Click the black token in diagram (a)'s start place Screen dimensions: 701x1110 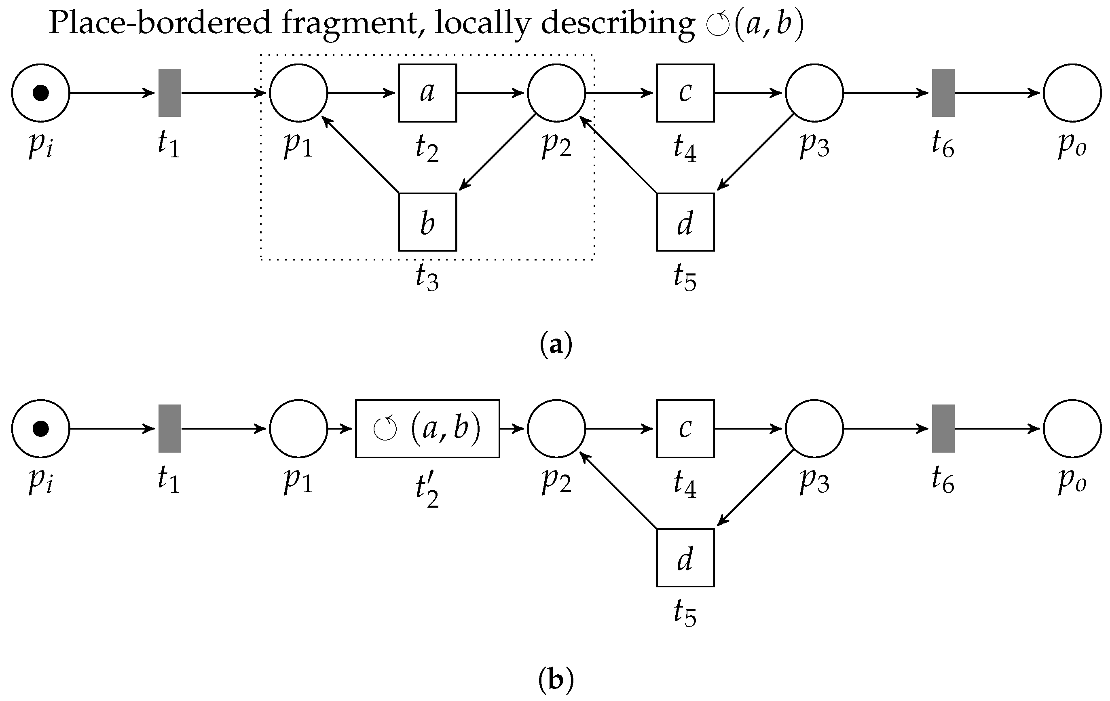tap(40, 93)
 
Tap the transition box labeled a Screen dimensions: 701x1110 tap(427, 93)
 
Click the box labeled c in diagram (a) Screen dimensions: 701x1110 tap(685, 93)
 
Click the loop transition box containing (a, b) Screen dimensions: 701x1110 tap(427, 428)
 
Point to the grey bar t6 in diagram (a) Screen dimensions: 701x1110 tap(943, 93)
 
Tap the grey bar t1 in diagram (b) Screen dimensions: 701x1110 tap(170, 428)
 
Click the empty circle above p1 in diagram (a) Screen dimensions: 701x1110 tap(298, 93)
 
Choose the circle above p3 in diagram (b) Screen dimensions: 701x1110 tap(814, 428)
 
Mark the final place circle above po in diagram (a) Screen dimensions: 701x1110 tap(1072, 93)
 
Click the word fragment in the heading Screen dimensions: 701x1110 tap(349, 23)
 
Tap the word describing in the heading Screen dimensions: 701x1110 tap(618, 23)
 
